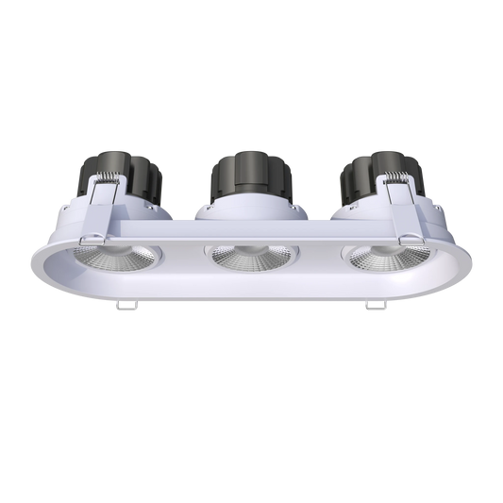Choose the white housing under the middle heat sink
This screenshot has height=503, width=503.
[250, 212]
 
